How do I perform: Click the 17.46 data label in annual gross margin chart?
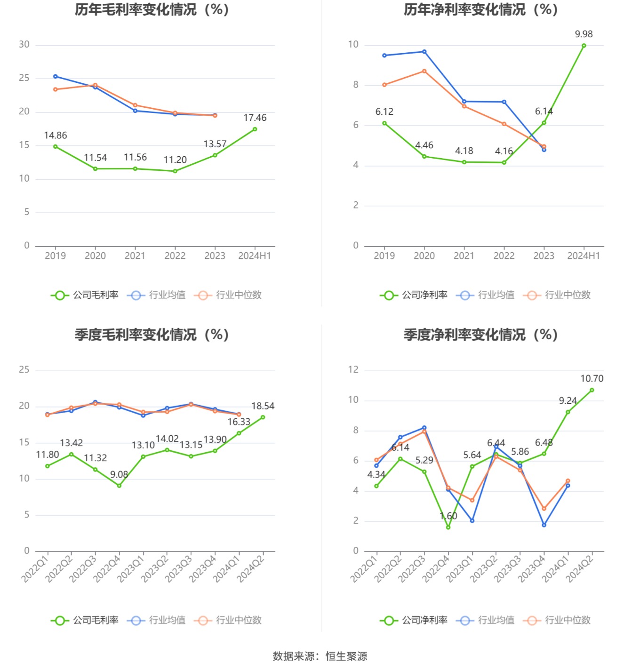pos(255,118)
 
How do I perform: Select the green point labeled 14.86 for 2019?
pos(56,146)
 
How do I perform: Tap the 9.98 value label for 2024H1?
pos(584,34)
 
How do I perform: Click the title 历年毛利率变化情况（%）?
pos(152,9)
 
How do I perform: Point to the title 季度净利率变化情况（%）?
pos(480,335)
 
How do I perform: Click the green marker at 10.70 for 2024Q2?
pos(592,390)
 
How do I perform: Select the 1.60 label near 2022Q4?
pos(448,516)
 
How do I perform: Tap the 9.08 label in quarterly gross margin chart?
pos(119,474)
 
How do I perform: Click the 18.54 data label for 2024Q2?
pos(263,406)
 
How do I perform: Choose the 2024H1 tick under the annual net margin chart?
pos(584,256)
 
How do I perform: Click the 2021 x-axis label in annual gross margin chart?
pos(135,256)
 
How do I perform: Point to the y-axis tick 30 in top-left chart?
pos(24,45)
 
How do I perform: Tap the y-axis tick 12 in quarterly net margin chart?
pos(353,370)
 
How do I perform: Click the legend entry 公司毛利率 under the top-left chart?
pos(85,295)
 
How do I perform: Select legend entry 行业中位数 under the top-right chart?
pos(557,295)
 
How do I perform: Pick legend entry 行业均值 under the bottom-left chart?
pos(157,620)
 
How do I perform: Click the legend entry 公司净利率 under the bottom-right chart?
pos(414,620)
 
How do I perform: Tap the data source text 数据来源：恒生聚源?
pos(320,656)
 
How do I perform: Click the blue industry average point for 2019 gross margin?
pos(56,76)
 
